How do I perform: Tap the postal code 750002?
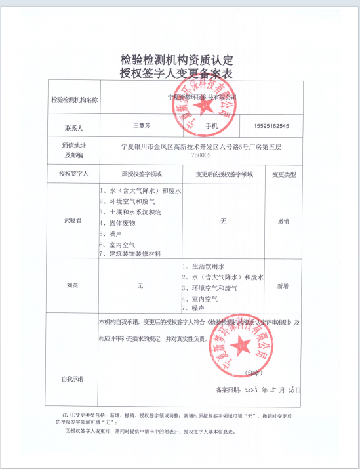coord(201,155)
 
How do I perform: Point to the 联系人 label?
coord(73,125)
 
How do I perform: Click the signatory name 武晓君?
coord(73,221)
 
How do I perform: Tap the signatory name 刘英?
coord(73,286)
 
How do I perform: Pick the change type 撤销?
coord(283,222)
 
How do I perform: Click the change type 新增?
coord(283,286)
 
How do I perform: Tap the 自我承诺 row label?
coord(72,380)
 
